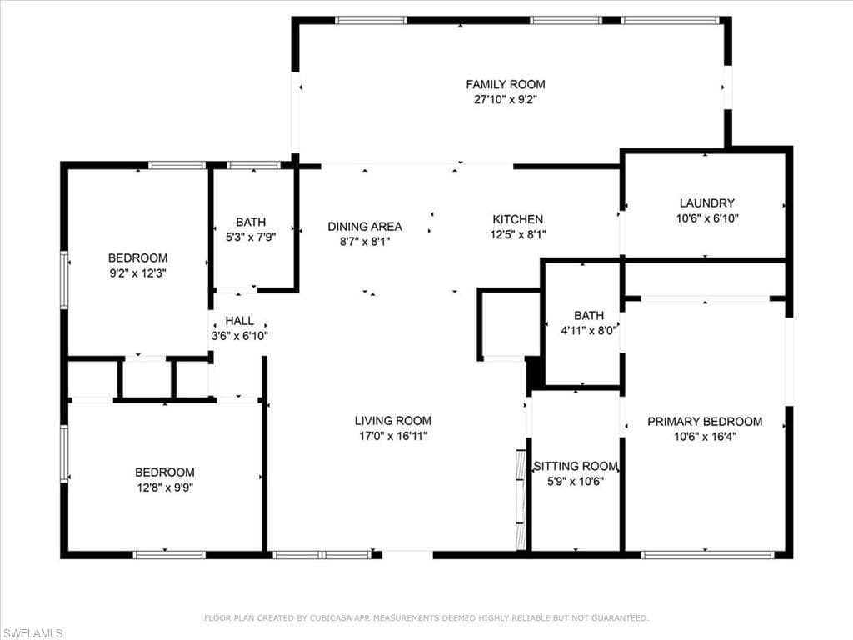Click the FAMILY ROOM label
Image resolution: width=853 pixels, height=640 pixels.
(x=506, y=84)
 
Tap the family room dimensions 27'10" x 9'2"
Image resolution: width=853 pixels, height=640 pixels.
(x=506, y=100)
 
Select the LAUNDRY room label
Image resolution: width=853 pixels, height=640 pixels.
(x=707, y=203)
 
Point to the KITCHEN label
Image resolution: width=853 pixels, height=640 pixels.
(x=518, y=219)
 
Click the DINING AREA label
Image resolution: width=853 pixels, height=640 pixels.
(x=365, y=227)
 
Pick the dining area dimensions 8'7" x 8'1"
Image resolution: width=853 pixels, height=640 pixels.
(x=365, y=242)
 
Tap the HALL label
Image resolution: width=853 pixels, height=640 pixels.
(x=239, y=321)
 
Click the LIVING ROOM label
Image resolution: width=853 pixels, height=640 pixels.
(x=393, y=421)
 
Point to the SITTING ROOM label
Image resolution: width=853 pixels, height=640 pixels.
(x=576, y=467)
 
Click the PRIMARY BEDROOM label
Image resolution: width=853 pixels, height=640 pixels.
(x=705, y=421)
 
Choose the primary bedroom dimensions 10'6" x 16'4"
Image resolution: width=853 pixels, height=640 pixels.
(x=705, y=437)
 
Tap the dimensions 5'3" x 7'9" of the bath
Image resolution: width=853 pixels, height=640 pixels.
(x=251, y=237)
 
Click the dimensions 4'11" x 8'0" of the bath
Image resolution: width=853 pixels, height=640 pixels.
(x=589, y=330)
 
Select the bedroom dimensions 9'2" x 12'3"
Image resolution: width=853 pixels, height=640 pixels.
(x=137, y=273)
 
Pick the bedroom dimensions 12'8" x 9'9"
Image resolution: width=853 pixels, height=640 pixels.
(x=165, y=487)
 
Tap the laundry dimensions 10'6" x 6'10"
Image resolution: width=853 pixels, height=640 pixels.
(x=707, y=218)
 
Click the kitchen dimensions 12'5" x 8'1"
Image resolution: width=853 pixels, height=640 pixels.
(x=518, y=234)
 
